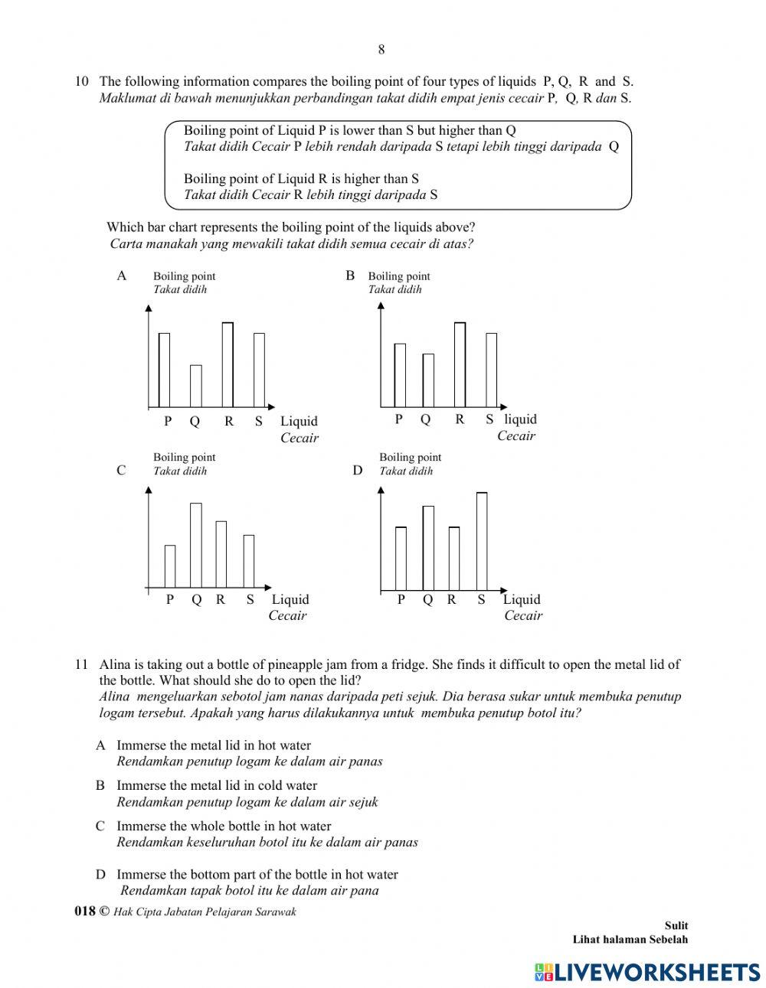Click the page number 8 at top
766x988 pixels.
click(381, 50)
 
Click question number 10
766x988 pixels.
click(82, 81)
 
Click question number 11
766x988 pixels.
click(82, 665)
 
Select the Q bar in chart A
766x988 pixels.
click(196, 386)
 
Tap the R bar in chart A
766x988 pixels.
click(228, 364)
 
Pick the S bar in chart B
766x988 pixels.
click(491, 370)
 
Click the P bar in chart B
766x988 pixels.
click(400, 375)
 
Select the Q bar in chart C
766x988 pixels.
click(196, 545)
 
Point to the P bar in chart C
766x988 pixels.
click(170, 566)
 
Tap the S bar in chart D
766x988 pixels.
click(482, 542)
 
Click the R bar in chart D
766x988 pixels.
click(453, 559)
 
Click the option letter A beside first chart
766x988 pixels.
click(121, 276)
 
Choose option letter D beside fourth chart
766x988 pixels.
click(357, 471)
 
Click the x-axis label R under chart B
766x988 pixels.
click(460, 419)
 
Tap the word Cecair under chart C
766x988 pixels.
click(287, 616)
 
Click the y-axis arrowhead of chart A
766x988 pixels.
click(149, 308)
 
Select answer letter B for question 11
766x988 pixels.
click(100, 785)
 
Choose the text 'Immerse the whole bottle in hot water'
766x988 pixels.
click(224, 826)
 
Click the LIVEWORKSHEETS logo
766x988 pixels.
click(647, 972)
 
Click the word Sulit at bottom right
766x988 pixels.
click(676, 925)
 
